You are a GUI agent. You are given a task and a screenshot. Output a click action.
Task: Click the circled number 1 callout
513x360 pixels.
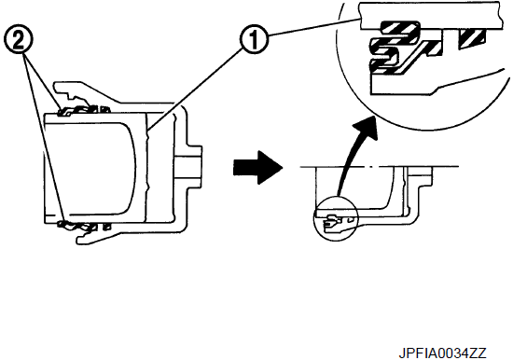pos(254,40)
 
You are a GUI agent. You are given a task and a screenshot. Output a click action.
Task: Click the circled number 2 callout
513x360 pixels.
pos(19,40)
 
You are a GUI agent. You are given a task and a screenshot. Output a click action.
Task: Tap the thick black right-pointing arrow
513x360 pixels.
pos(257,167)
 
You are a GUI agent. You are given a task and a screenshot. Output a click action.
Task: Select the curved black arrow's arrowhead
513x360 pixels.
pos(366,129)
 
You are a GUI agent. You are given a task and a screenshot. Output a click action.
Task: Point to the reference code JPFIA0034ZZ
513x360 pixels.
pos(442,353)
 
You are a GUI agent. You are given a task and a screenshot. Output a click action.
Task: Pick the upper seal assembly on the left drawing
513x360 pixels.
pos(84,111)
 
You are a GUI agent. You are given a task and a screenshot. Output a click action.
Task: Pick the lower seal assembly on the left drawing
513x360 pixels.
pos(84,226)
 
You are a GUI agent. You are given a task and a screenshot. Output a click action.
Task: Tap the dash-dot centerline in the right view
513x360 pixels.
pos(380,167)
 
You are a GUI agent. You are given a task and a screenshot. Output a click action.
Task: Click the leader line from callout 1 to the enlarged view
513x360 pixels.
pos(314,27)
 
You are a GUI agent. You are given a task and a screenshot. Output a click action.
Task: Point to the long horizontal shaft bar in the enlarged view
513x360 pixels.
pos(431,16)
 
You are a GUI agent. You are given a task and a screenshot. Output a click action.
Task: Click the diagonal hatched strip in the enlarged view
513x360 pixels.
pos(418,56)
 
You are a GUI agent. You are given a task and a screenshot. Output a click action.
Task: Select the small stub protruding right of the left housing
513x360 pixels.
pos(187,168)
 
